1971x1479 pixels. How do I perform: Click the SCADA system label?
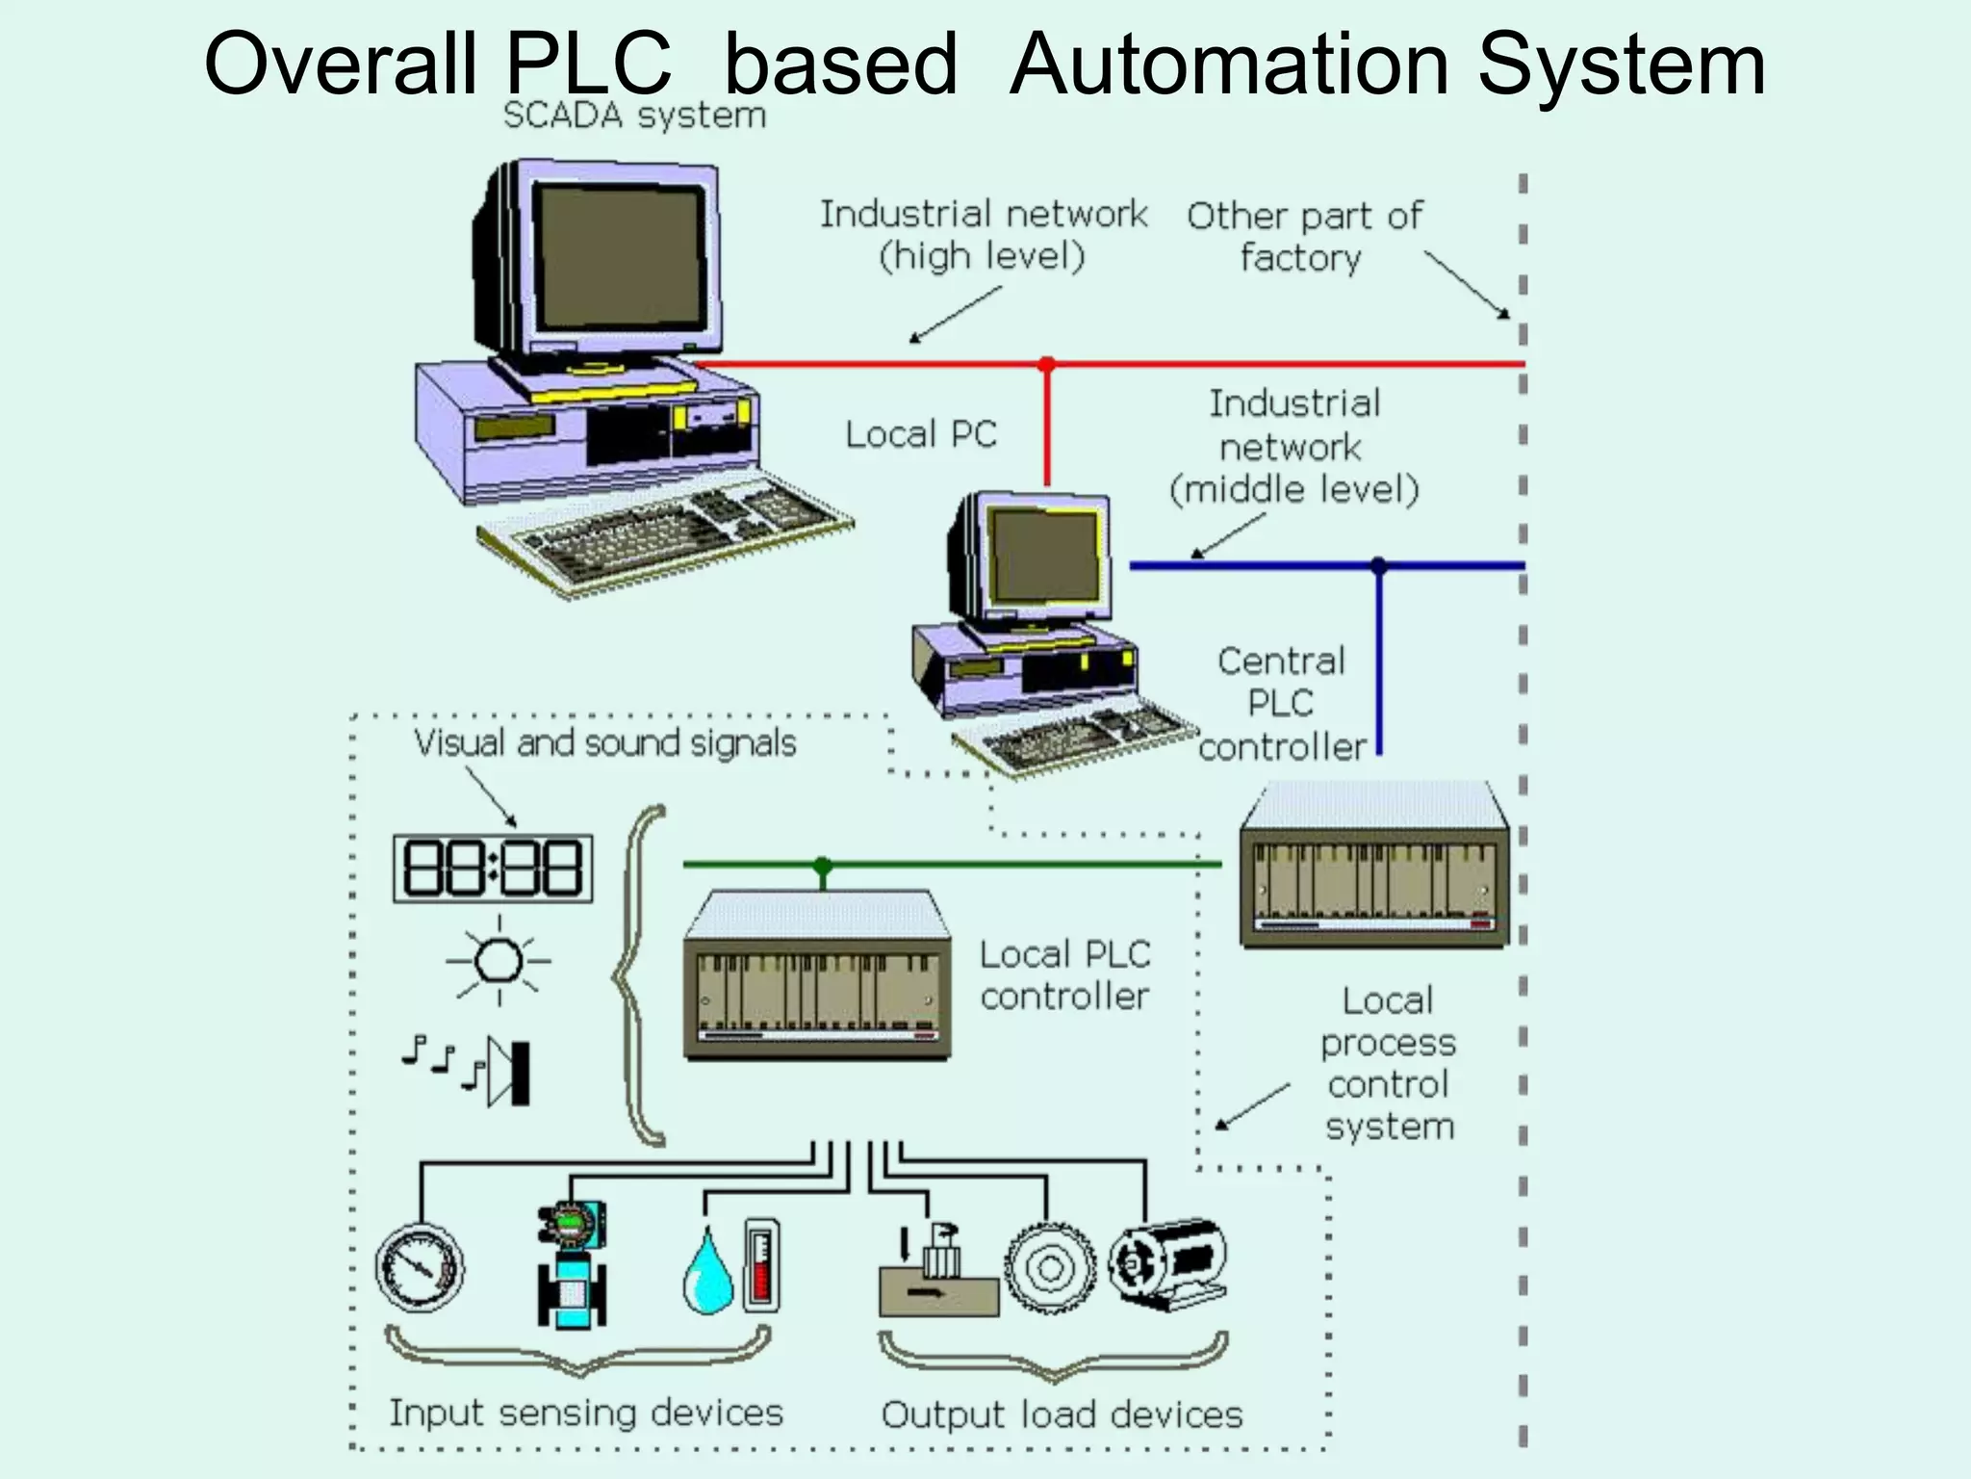[634, 116]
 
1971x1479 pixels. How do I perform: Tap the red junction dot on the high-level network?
[1047, 364]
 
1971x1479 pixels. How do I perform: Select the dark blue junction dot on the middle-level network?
[1378, 565]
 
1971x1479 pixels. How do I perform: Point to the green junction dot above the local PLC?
[822, 865]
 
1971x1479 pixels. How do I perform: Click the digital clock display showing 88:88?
[493, 869]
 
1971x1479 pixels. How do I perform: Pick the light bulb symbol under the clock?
[499, 961]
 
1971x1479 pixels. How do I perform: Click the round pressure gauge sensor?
[420, 1267]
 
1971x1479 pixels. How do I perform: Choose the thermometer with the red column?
[761, 1265]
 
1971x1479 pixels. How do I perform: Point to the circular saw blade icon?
[1050, 1267]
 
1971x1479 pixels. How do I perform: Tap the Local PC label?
[921, 434]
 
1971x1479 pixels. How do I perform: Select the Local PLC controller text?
[1064, 975]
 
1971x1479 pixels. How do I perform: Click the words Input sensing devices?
[585, 1413]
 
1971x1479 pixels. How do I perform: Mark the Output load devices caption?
[1062, 1414]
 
